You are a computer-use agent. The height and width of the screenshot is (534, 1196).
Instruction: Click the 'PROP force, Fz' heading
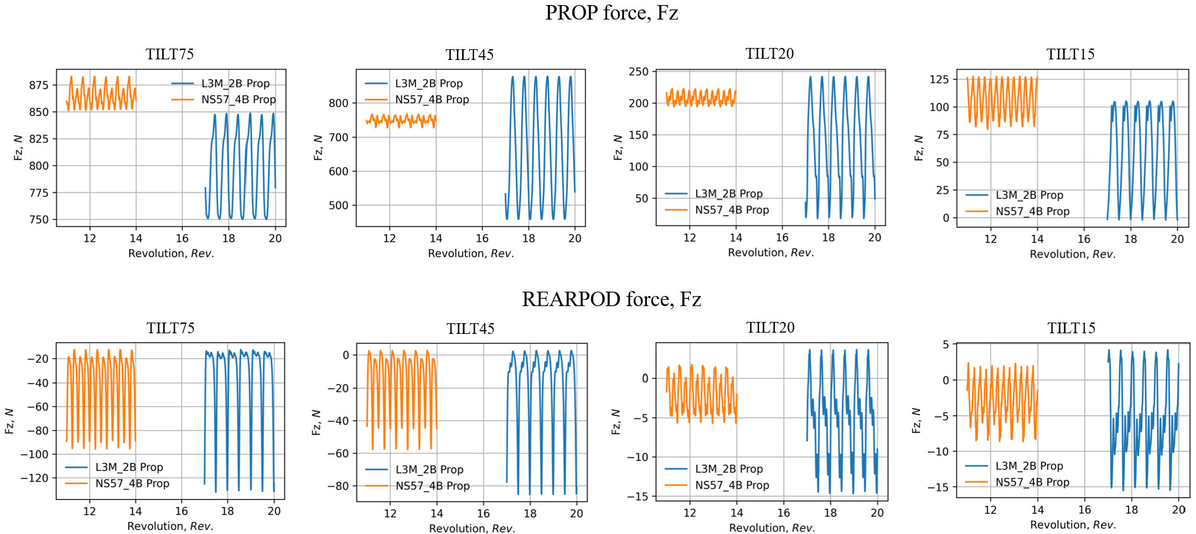pyautogui.click(x=611, y=13)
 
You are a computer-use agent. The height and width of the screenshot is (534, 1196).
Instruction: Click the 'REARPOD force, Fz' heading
pyautogui.click(x=611, y=299)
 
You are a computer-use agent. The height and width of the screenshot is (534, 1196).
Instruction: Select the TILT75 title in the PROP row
pyautogui.click(x=170, y=54)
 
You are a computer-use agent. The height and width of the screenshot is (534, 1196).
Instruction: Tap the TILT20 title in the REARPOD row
pyautogui.click(x=770, y=328)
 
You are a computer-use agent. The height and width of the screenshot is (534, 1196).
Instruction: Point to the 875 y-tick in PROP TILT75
pyautogui.click(x=38, y=85)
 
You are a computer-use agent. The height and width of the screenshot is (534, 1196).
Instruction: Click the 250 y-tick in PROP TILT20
pyautogui.click(x=638, y=72)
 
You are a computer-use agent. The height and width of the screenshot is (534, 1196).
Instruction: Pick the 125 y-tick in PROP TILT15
pyautogui.click(x=939, y=80)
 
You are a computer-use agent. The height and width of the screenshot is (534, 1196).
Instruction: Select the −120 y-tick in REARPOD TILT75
pyautogui.click(x=34, y=478)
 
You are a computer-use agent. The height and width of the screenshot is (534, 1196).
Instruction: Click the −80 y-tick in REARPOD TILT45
pyautogui.click(x=337, y=486)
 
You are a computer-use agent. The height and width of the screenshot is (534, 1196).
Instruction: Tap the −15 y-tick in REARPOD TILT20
pyautogui.click(x=637, y=496)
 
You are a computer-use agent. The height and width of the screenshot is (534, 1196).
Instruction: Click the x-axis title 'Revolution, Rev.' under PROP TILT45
pyautogui.click(x=471, y=254)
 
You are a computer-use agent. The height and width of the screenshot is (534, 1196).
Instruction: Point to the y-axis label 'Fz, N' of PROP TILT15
pyautogui.click(x=919, y=148)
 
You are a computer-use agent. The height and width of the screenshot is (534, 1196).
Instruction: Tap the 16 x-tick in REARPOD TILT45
pyautogui.click(x=483, y=514)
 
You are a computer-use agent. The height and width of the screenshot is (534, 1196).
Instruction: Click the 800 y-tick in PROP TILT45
pyautogui.click(x=339, y=104)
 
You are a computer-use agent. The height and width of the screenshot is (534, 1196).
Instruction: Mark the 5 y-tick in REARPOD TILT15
pyautogui.click(x=945, y=345)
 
